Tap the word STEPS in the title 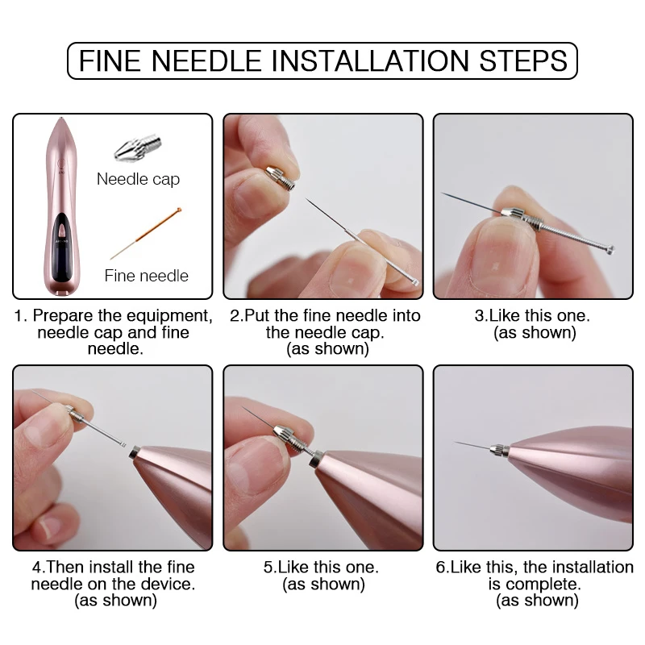click(x=523, y=61)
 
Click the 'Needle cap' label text click(x=138, y=179)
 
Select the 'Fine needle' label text click(x=147, y=276)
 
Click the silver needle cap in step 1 click(x=138, y=148)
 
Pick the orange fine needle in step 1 click(x=146, y=233)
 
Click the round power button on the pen click(x=61, y=163)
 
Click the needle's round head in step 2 click(x=414, y=282)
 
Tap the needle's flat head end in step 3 click(x=610, y=248)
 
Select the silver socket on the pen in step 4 click(x=135, y=452)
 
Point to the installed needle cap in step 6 click(x=499, y=449)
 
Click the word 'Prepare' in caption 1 click(x=61, y=316)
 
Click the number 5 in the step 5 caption click(x=268, y=568)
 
